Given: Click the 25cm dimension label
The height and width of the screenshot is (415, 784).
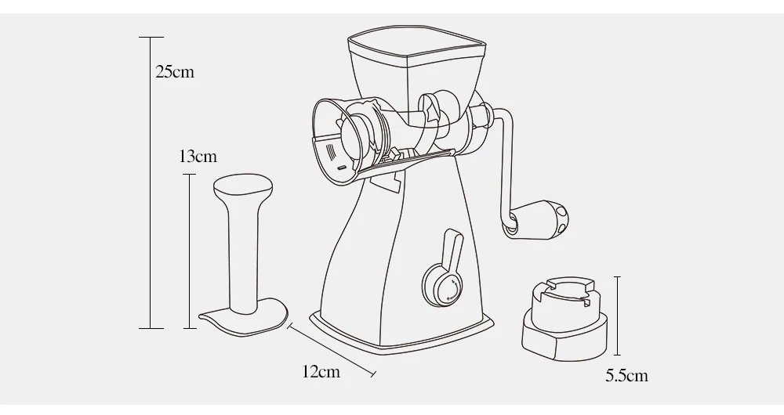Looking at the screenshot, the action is pos(175,72).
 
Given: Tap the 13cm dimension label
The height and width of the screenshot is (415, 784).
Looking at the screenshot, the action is pos(198,157).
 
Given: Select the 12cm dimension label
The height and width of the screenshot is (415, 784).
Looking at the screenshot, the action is pos(321,372).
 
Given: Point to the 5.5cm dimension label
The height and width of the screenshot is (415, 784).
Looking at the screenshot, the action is pos(626,376).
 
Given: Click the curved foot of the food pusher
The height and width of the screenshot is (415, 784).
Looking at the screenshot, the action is pos(245,318).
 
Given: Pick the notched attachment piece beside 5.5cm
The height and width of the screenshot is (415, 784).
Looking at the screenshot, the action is pos(565,319).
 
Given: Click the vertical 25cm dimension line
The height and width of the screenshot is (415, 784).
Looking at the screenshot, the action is pos(151,182).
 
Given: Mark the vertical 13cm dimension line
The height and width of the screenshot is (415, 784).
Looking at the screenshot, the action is pos(190,251).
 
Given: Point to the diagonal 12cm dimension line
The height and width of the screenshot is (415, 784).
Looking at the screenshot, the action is pos(332,348).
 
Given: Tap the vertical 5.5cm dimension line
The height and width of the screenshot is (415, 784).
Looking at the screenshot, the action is pos(618,316).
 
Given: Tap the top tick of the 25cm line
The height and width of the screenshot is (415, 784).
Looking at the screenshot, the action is pos(151,37).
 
